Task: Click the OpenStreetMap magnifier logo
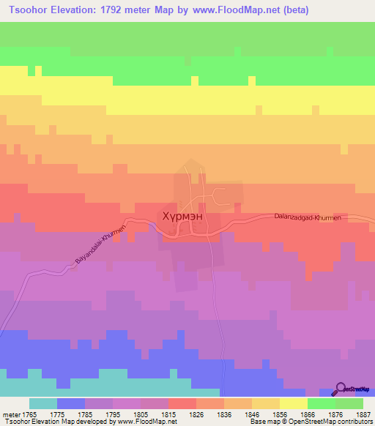coord(341,389)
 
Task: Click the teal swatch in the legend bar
coord(42,403)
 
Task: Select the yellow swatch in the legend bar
coord(294,403)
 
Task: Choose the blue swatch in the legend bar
coord(70,403)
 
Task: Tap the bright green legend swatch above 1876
coord(322,403)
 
